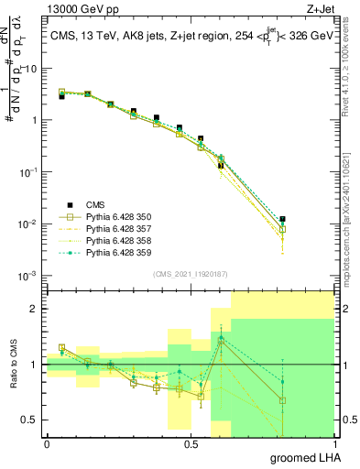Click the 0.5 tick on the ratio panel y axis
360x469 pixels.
point(31,420)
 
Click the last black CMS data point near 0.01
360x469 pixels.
point(283,220)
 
